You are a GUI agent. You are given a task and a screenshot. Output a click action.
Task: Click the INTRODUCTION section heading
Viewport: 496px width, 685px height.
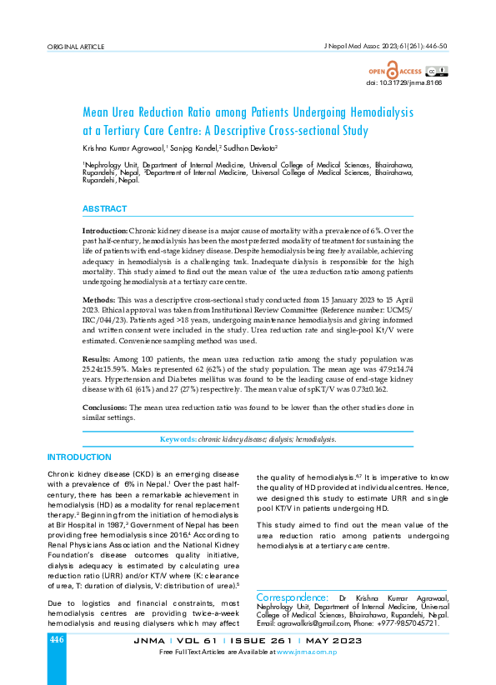tap(79, 457)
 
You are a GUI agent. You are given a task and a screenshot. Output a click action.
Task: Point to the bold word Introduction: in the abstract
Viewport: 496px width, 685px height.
tap(105, 229)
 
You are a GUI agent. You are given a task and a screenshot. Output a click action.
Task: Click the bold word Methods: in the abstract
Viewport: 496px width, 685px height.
tap(98, 299)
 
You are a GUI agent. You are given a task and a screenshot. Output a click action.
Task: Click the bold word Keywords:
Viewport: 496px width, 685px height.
tap(178, 438)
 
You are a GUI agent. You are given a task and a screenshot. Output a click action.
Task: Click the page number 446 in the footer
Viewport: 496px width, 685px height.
tap(57, 640)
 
